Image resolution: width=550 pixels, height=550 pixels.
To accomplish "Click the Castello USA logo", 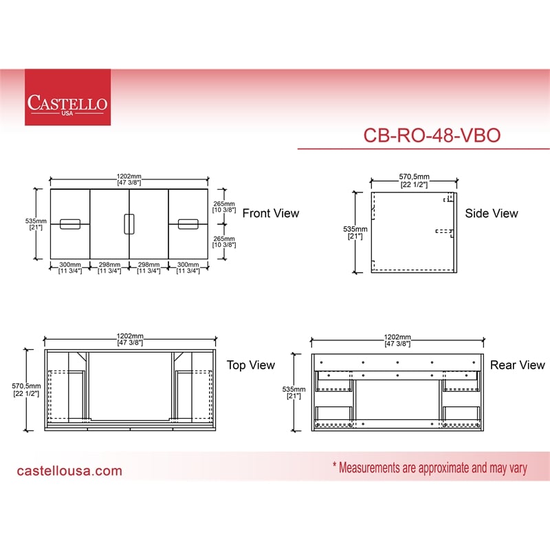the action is [x=67, y=97].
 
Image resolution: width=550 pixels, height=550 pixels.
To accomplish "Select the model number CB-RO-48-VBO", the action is [x=432, y=135].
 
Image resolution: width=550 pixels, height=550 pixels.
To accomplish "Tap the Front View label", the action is [x=270, y=213].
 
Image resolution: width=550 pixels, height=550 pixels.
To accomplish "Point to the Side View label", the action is [x=492, y=213].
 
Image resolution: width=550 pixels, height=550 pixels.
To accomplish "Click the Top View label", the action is [x=250, y=365].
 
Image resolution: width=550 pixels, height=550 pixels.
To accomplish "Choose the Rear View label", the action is [x=518, y=365].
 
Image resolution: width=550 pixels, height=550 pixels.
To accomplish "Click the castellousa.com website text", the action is [x=69, y=471].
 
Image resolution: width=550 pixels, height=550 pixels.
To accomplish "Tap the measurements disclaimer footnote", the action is [x=430, y=468].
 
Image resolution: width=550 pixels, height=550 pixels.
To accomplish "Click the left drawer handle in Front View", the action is [x=70, y=224].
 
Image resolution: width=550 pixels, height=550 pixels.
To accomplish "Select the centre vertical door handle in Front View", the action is [x=129, y=224].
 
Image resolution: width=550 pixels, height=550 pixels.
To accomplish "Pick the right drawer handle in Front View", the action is [x=188, y=224].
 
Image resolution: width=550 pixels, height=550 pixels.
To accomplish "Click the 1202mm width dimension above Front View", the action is [x=129, y=179].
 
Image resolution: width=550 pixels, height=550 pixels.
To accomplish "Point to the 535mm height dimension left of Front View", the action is [x=36, y=224].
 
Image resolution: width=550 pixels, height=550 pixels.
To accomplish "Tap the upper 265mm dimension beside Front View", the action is [x=224, y=207].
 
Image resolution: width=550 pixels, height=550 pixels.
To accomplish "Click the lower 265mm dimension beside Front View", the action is [x=224, y=241].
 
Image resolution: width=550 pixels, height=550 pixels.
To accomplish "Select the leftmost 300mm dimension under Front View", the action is [x=70, y=267].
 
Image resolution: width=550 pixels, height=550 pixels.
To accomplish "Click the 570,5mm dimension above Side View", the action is [x=414, y=180].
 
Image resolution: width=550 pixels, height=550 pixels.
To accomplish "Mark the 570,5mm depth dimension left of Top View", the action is [x=26, y=390].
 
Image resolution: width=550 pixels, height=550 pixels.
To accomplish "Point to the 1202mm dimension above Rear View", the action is [x=397, y=340].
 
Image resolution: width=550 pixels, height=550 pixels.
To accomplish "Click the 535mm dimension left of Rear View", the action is [x=294, y=393].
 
